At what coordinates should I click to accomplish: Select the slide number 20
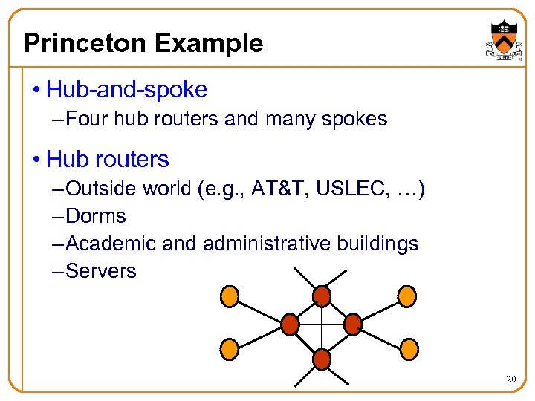(510, 379)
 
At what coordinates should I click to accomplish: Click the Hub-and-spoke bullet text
(126, 90)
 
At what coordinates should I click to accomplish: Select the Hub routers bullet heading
(107, 159)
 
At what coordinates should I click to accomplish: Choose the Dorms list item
(96, 216)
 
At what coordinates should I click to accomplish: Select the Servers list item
(101, 271)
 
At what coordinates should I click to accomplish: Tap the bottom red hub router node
(321, 360)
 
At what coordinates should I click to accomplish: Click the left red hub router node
(290, 324)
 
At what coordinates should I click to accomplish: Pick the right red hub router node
(352, 324)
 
